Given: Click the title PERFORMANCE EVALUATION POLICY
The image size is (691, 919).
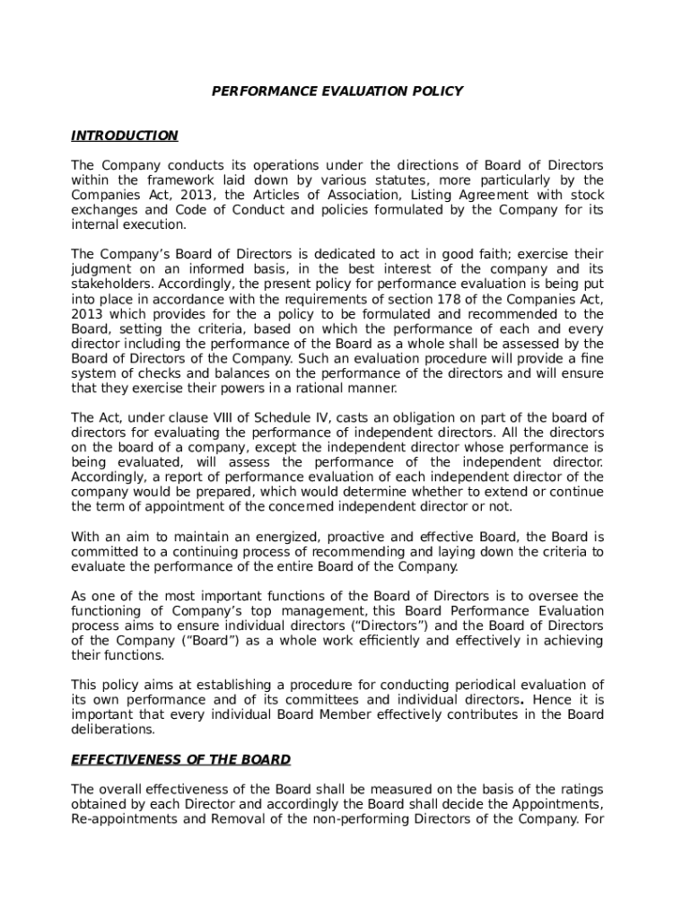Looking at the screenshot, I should [337, 91].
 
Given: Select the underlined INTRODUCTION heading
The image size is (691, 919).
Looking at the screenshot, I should [124, 136].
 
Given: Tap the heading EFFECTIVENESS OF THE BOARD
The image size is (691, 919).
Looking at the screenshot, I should [180, 759].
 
